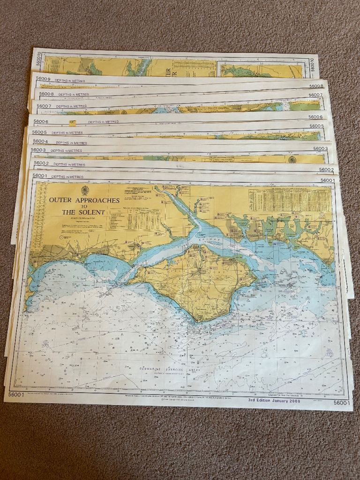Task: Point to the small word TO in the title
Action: [x=84, y=206]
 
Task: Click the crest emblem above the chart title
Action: [x=85, y=190]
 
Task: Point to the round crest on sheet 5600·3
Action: [x=292, y=160]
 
